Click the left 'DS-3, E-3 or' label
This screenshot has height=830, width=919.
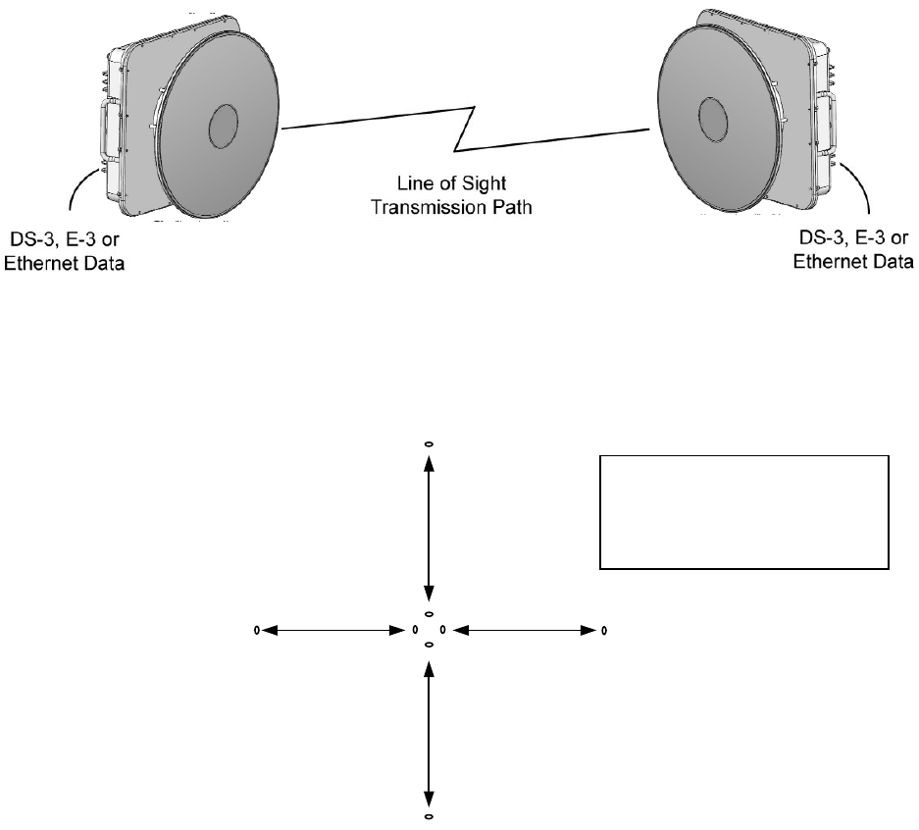(67, 243)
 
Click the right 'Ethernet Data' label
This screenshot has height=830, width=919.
(853, 261)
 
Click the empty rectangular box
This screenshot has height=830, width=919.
(743, 511)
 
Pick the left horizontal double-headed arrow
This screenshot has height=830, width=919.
(329, 629)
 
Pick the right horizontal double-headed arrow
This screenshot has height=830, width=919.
(526, 629)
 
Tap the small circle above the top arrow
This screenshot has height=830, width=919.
(429, 444)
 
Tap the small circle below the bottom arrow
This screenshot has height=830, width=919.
(429, 815)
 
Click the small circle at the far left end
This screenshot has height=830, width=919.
(257, 629)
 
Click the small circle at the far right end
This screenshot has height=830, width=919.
(603, 629)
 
